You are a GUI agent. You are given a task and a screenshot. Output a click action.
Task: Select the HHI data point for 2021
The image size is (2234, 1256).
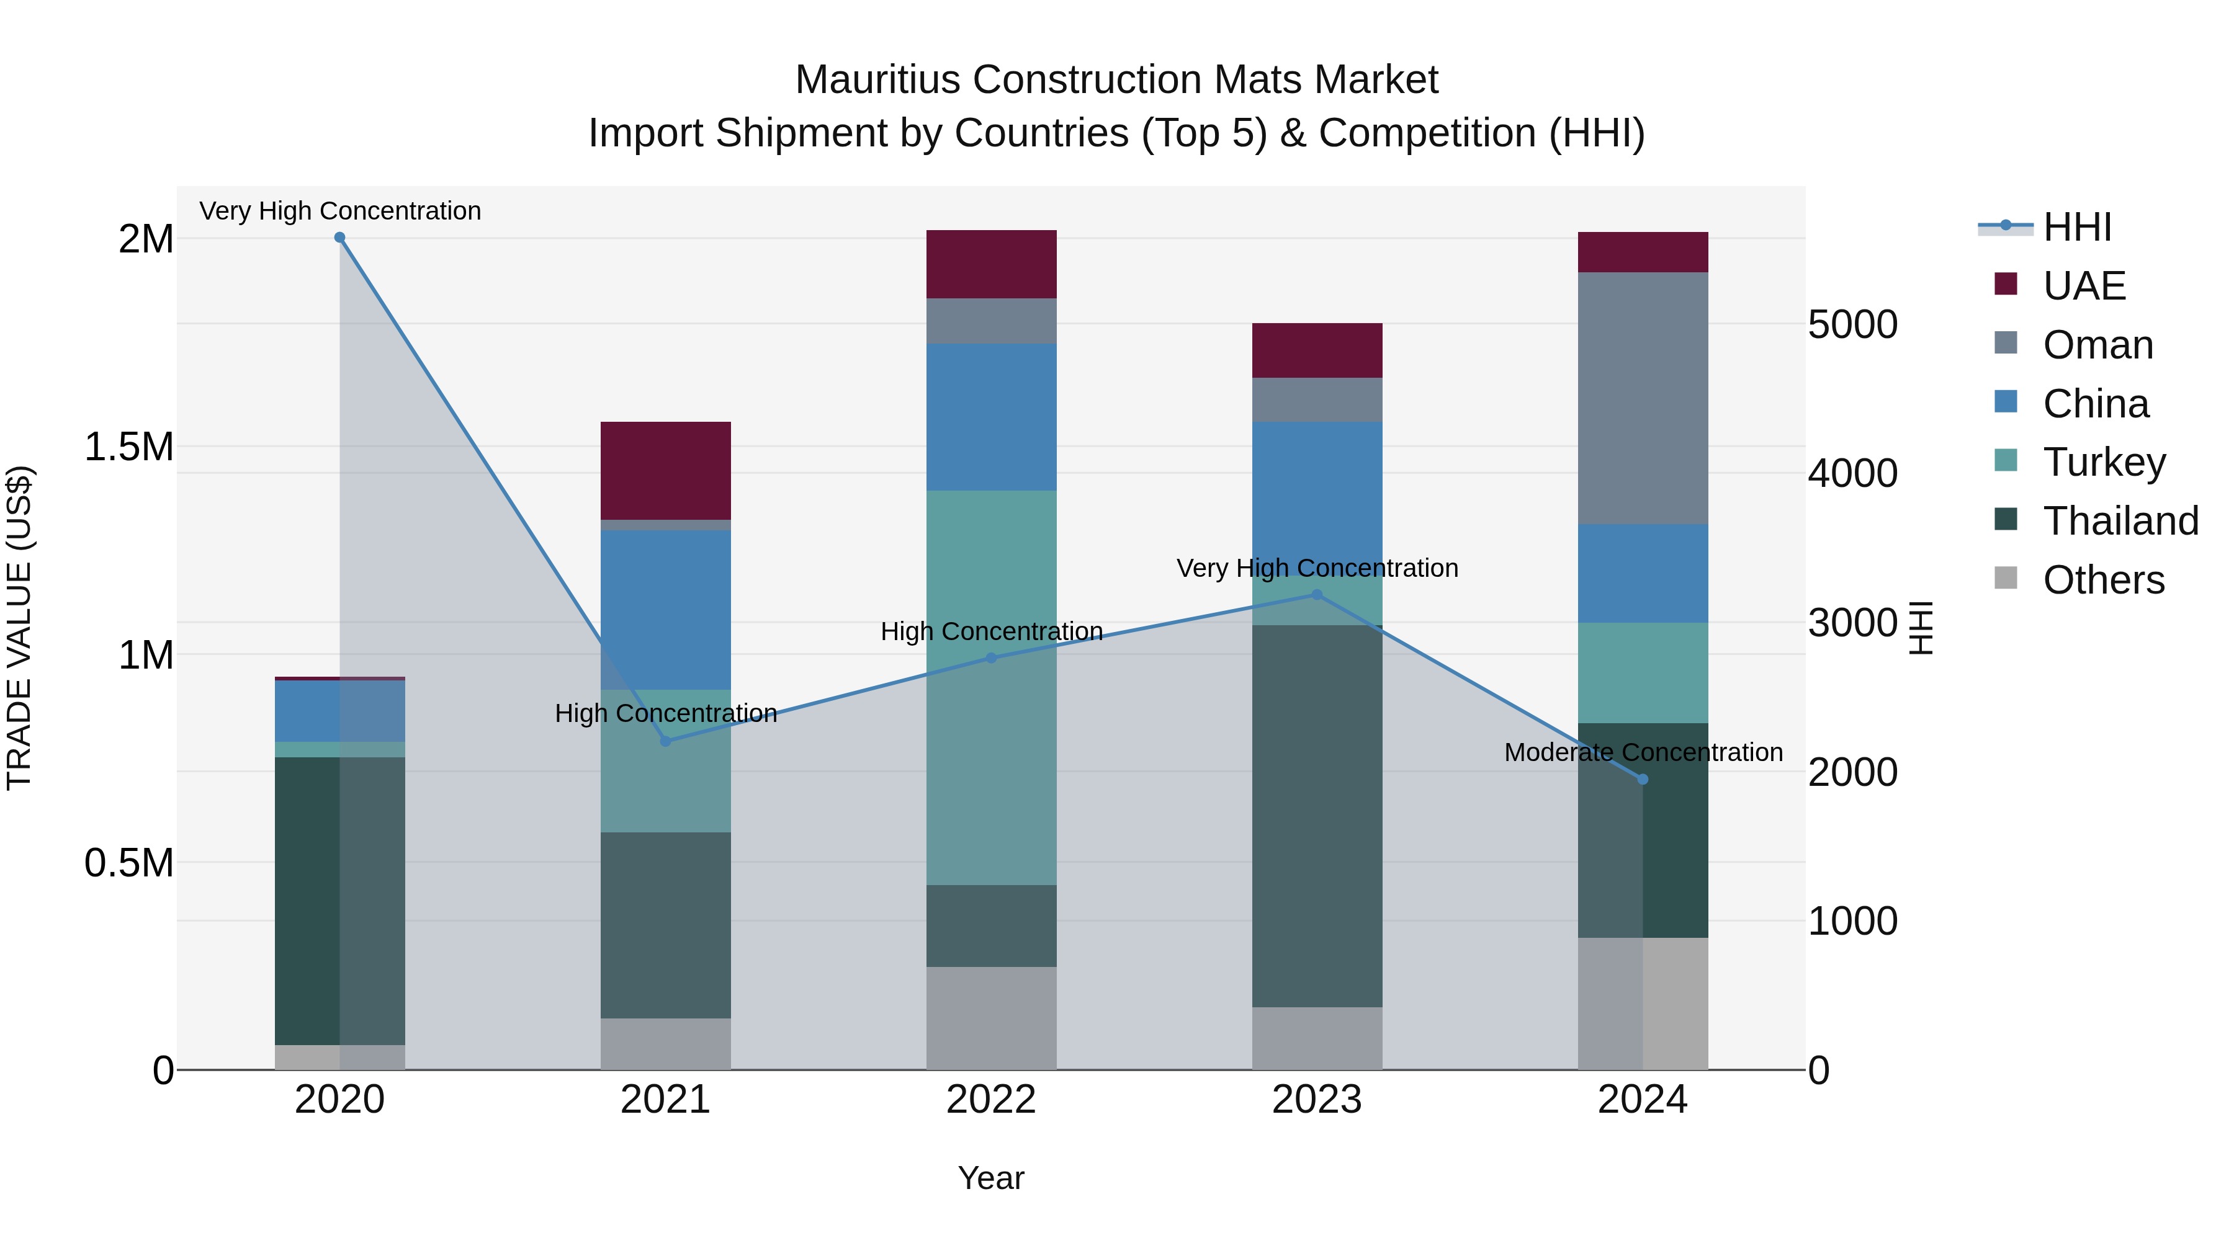(x=665, y=741)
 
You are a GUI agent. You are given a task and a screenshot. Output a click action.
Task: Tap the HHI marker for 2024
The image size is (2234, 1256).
(x=1643, y=779)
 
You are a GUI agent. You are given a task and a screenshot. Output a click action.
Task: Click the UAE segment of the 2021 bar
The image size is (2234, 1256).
(x=665, y=471)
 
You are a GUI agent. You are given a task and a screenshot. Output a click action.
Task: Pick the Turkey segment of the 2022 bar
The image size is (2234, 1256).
(x=991, y=687)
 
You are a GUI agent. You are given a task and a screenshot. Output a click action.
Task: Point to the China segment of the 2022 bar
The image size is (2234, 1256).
(x=991, y=417)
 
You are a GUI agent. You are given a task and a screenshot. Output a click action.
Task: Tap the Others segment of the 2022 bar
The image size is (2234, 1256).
(x=991, y=1018)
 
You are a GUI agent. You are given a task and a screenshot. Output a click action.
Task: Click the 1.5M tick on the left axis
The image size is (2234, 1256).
(x=128, y=447)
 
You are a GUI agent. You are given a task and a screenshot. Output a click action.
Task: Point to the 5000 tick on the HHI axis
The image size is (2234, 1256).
(x=1852, y=325)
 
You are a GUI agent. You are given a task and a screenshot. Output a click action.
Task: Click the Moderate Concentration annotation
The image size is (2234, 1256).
(x=1643, y=752)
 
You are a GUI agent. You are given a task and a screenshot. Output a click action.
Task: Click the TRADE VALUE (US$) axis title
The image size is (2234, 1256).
(x=19, y=628)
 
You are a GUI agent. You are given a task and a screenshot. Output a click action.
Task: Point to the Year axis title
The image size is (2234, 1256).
(x=990, y=1178)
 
